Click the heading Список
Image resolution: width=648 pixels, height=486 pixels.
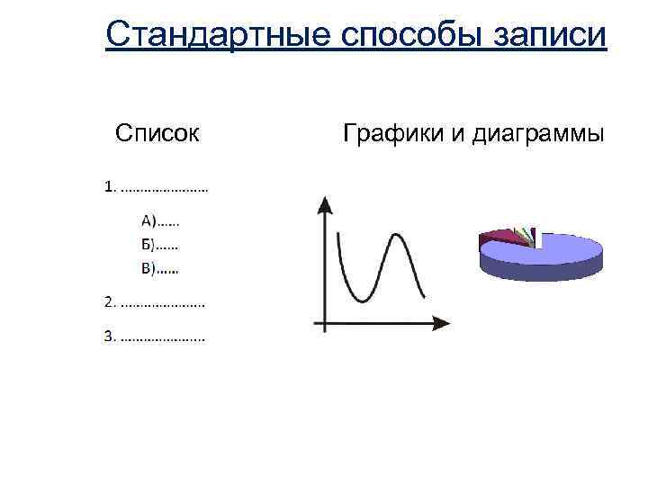(x=157, y=134)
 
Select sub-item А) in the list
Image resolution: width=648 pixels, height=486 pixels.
(x=160, y=219)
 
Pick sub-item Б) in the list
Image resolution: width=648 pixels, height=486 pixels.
(x=159, y=243)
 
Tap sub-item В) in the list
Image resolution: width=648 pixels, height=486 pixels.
(x=159, y=266)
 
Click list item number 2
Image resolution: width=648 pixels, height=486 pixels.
(x=154, y=302)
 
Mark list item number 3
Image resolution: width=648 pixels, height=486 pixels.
(x=154, y=337)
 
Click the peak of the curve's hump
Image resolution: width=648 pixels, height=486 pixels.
(x=395, y=236)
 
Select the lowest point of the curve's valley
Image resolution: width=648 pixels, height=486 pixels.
(x=363, y=300)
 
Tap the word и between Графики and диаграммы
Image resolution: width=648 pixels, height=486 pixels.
(x=458, y=135)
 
